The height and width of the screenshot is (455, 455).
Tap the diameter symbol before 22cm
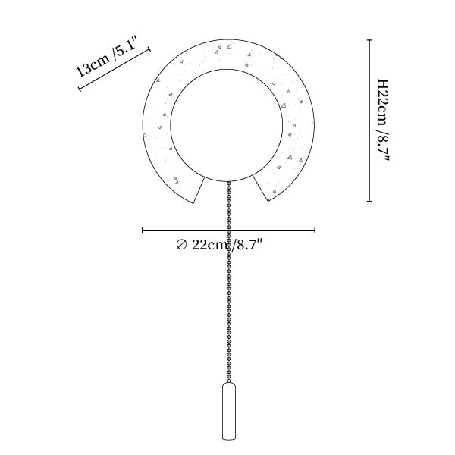(x=182, y=245)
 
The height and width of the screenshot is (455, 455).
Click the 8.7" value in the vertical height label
(x=383, y=146)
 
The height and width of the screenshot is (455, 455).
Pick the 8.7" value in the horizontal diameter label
(x=247, y=245)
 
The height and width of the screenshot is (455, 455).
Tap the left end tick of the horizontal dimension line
(x=143, y=231)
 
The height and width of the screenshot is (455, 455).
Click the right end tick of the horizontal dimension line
(x=315, y=231)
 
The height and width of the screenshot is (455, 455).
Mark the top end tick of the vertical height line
(x=369, y=40)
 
